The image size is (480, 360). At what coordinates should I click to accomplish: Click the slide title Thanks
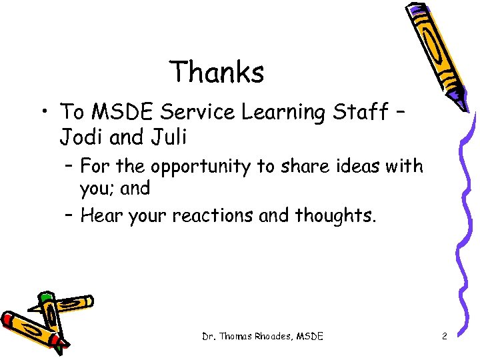(217, 71)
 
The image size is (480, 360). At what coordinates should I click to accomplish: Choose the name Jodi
(80, 137)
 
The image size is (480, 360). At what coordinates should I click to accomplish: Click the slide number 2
(445, 337)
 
